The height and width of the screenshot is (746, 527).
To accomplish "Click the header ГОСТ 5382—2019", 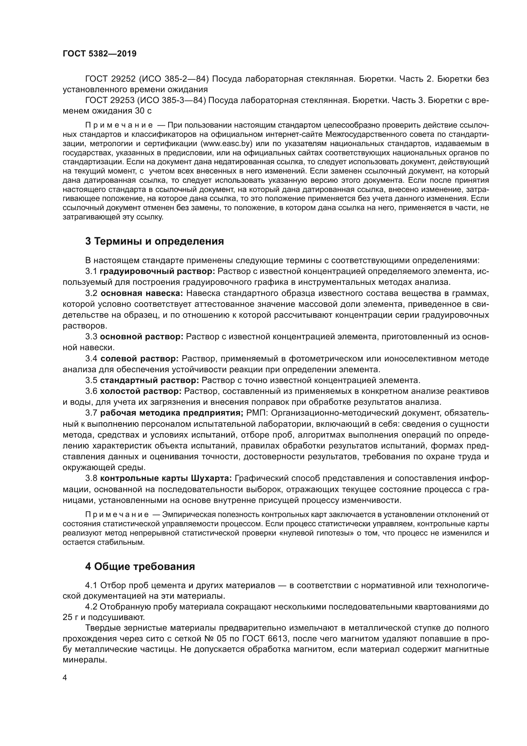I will click(x=99, y=54).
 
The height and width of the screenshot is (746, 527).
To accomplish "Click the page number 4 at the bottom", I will click(x=65, y=678).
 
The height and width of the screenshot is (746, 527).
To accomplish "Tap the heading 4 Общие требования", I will click(x=140, y=566).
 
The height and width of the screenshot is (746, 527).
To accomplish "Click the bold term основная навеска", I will click(x=142, y=293).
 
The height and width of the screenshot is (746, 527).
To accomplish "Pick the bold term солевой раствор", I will click(x=140, y=359).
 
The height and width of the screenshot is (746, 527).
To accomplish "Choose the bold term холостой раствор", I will click(x=140, y=391).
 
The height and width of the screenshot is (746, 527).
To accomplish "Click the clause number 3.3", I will click(x=91, y=336).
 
